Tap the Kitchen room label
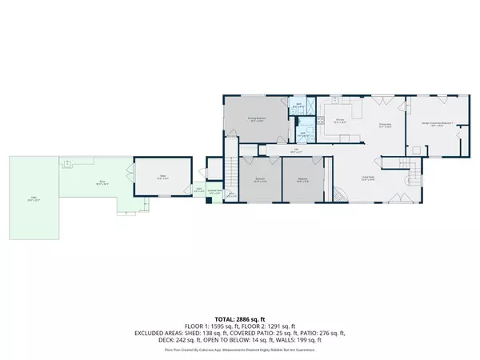339,121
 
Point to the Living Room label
368,178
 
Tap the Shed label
162,178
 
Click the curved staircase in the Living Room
340,194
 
